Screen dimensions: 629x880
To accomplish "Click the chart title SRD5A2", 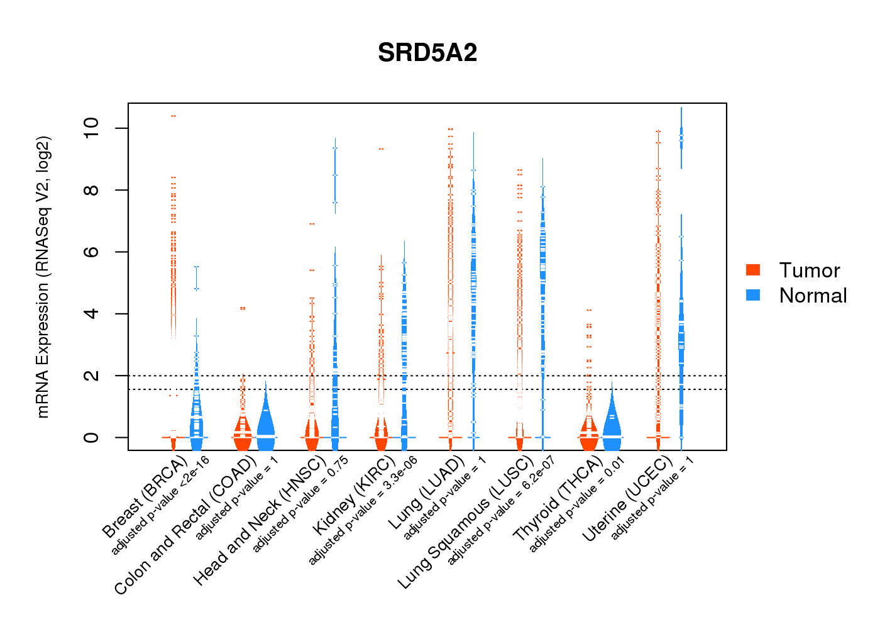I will pyautogui.click(x=427, y=53).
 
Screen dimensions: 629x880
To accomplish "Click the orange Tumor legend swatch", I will pyautogui.click(x=753, y=270).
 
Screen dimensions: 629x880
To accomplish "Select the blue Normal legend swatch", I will pyautogui.click(x=753, y=295).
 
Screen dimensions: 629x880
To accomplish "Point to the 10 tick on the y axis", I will pyautogui.click(x=91, y=128).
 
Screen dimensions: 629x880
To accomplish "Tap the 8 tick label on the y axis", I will pyautogui.click(x=91, y=190).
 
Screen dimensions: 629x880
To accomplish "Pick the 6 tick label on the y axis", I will pyautogui.click(x=91, y=252).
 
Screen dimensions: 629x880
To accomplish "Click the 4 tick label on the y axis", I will pyautogui.click(x=91, y=313).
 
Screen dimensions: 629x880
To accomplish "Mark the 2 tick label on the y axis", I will pyautogui.click(x=91, y=376).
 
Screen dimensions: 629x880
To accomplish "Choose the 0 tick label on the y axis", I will pyautogui.click(x=91, y=437).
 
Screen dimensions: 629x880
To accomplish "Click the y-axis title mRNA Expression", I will pyautogui.click(x=43, y=277).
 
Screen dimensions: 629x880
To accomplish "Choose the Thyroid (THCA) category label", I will pyautogui.click(x=558, y=500).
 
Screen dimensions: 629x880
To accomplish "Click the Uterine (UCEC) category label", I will pyautogui.click(x=627, y=499).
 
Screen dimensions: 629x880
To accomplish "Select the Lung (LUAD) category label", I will pyautogui.click(x=426, y=493).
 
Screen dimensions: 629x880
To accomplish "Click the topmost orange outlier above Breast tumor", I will pyautogui.click(x=173, y=116).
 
